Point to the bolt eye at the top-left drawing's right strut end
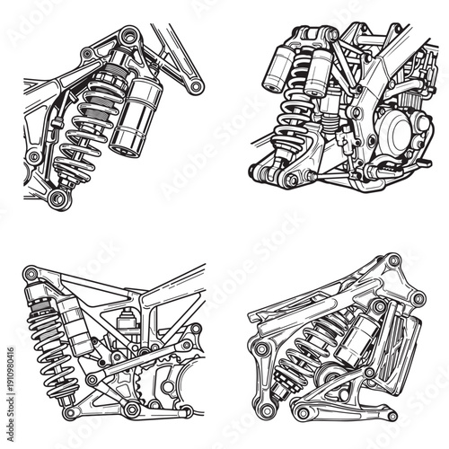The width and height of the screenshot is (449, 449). (191, 86)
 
